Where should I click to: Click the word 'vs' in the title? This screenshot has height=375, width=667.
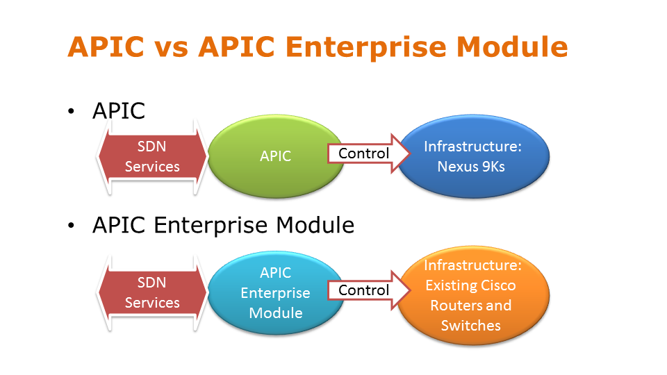[x=172, y=47]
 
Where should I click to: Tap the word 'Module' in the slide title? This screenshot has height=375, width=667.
[x=511, y=47]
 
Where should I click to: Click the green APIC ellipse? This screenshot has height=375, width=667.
[x=275, y=156]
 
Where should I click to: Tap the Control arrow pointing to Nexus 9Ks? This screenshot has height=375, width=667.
[x=363, y=153]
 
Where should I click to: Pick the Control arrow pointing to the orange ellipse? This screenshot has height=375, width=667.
[x=363, y=290]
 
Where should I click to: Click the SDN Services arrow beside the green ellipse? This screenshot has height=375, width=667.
[x=153, y=156]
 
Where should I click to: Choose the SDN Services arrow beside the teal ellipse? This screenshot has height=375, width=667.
[x=153, y=292]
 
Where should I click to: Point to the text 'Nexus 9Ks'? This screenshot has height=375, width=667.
[x=472, y=167]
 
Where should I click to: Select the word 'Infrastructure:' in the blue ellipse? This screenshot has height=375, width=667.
[x=472, y=147]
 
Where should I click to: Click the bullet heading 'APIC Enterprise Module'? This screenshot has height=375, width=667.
[x=223, y=225]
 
